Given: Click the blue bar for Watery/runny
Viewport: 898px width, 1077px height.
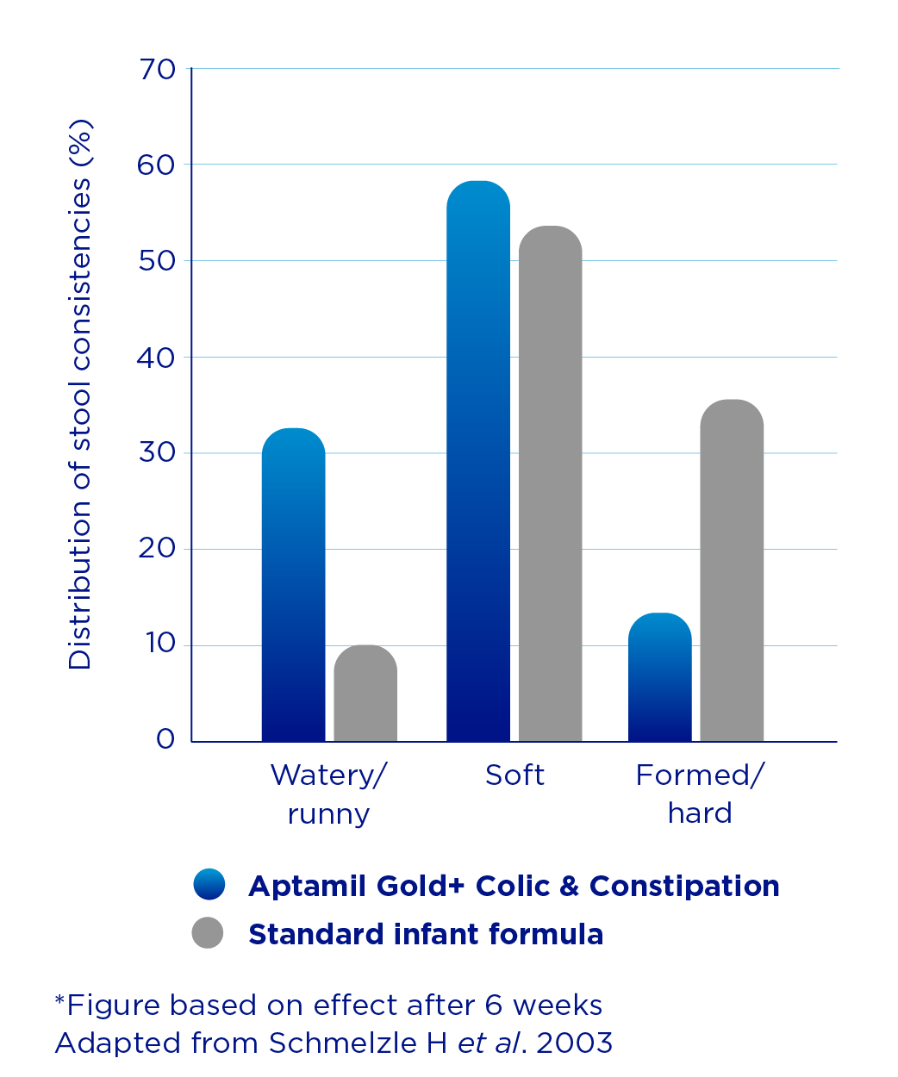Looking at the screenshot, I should pos(293,585).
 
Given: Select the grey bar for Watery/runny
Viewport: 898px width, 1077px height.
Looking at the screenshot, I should pos(365,694).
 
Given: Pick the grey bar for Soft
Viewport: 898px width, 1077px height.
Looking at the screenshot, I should pos(550,483).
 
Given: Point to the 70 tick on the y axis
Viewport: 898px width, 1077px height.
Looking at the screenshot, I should pos(157,69).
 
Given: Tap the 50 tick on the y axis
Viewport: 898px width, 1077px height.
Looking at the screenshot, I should pos(157,261).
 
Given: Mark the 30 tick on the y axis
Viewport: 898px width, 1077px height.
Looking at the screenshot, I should pos(157,453).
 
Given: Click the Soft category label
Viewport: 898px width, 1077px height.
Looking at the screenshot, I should pos(514,775).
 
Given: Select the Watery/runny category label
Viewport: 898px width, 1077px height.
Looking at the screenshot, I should pos(328,794).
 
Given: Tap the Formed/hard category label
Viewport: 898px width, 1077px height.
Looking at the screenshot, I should pos(699,794).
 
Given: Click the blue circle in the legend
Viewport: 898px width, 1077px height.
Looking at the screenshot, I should pos(209,885).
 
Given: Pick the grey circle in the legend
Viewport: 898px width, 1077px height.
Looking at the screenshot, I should pos(208,933).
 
